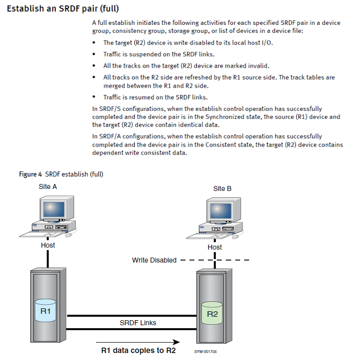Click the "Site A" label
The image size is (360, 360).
click(48, 186)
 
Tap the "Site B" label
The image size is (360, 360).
click(222, 188)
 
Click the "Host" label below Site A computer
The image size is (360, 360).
click(48, 245)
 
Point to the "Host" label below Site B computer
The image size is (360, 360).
click(215, 247)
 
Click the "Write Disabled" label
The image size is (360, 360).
click(154, 260)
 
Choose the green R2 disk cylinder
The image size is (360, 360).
click(212, 314)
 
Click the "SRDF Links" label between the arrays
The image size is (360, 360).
click(138, 323)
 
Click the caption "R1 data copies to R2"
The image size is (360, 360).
click(138, 350)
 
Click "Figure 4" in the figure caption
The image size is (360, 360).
click(31, 174)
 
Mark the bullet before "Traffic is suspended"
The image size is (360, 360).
click(94, 54)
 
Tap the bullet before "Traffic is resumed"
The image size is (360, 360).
click(94, 97)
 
